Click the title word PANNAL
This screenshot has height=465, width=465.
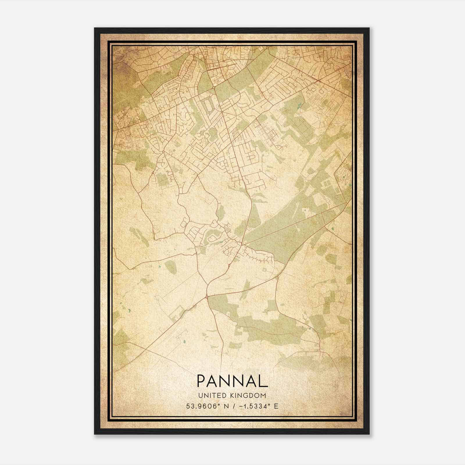point(232,381)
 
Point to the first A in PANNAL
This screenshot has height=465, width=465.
point(214,381)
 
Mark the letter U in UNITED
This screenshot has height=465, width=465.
point(200,396)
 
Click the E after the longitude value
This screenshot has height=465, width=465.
point(276,406)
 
